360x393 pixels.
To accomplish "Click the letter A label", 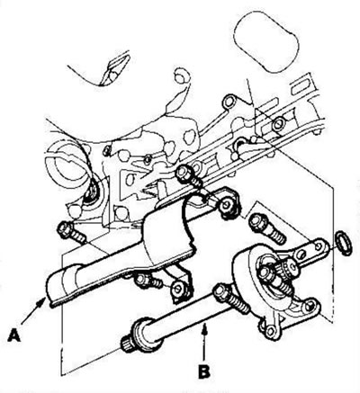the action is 14,335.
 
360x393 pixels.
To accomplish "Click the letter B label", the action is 204,372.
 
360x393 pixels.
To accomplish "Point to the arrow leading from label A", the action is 33,311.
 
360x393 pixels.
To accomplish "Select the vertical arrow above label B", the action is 204,344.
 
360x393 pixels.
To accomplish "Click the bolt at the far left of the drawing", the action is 71,232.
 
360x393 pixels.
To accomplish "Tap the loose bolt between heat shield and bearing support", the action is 266,228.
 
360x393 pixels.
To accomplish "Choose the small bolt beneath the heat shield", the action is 148,281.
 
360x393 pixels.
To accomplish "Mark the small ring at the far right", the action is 345,243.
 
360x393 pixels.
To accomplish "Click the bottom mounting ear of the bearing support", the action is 271,331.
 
